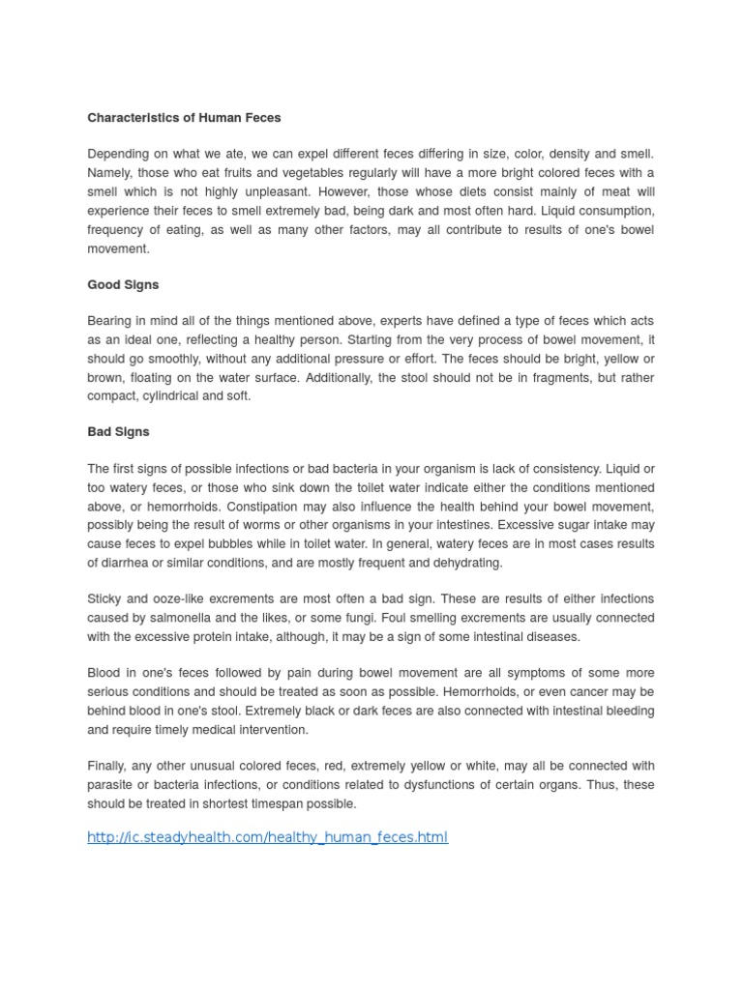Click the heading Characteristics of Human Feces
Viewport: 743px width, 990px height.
coord(184,117)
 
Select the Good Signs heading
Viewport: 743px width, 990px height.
coord(123,286)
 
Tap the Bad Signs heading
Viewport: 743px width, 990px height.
coord(118,431)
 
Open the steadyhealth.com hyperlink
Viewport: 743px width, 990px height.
coord(267,837)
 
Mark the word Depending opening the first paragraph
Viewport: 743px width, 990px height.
coord(119,155)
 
